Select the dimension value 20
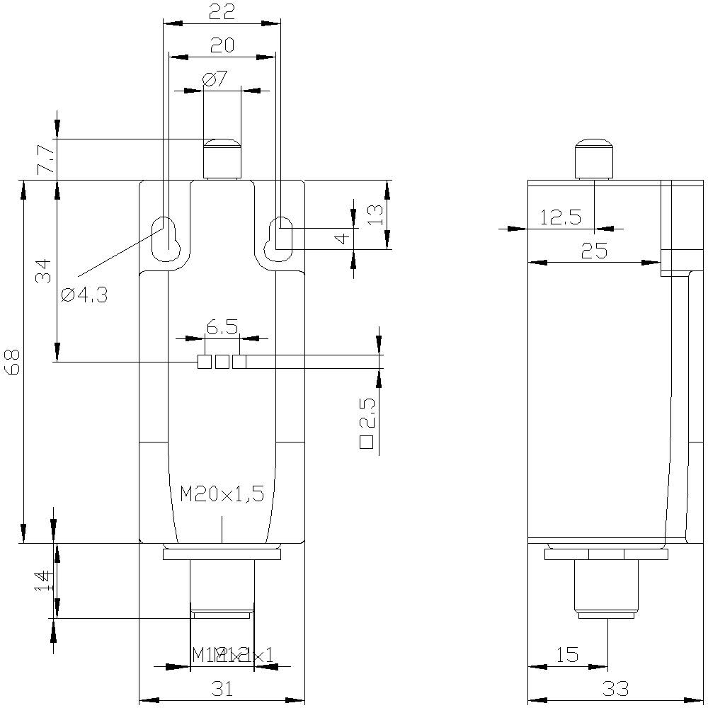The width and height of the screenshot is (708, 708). [222, 45]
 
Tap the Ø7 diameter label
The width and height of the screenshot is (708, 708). [215, 79]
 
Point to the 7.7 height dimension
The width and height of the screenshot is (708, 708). [44, 160]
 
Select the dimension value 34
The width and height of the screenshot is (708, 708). [44, 270]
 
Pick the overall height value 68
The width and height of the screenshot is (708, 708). [14, 362]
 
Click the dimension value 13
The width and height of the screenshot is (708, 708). [375, 215]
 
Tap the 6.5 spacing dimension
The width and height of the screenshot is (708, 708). [222, 326]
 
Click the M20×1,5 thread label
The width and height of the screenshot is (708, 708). [222, 493]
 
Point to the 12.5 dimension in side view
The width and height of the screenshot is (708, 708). [560, 217]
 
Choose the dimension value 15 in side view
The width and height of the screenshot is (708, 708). [567, 654]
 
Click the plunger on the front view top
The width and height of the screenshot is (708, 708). [222, 159]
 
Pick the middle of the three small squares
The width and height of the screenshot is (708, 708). [222, 362]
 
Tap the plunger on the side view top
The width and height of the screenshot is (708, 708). [593, 159]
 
